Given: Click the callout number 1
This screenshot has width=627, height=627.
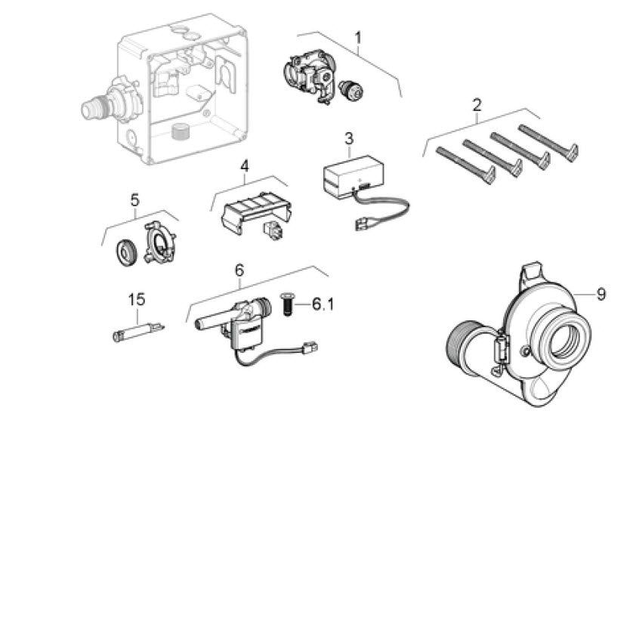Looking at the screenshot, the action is (x=358, y=38).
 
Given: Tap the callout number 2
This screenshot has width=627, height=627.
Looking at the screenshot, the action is (x=477, y=105).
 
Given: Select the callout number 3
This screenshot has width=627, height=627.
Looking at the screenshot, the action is (x=349, y=139).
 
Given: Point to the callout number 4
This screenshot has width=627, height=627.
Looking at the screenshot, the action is (x=244, y=166).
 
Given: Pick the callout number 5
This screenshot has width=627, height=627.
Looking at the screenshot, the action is (x=134, y=200).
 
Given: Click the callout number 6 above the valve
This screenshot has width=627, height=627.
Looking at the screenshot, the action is (x=239, y=270).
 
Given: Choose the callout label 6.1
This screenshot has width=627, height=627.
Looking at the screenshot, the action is (x=323, y=304).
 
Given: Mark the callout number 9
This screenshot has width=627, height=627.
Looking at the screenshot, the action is (x=601, y=295).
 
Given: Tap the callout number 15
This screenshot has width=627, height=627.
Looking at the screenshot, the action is (x=137, y=299).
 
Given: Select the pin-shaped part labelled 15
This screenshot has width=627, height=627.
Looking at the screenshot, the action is (x=138, y=332).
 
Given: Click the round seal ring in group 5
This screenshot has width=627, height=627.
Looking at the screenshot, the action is (x=127, y=253).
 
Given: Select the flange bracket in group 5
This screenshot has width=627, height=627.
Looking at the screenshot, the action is (x=159, y=243).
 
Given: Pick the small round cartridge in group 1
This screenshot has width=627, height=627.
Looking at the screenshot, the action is (x=351, y=90).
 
